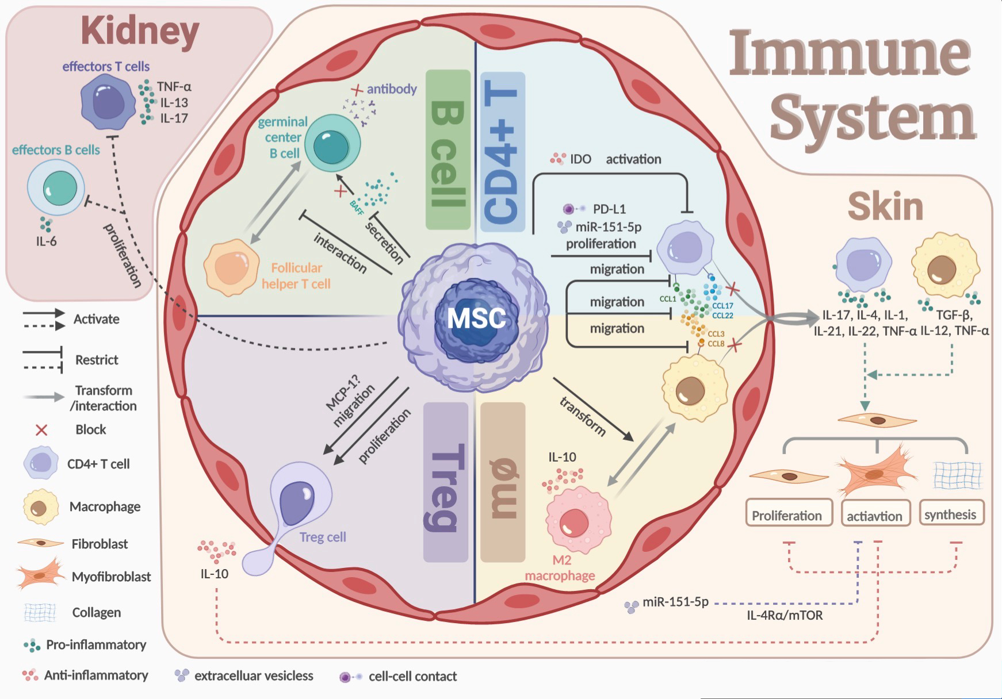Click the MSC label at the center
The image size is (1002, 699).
pyautogui.click(x=476, y=317)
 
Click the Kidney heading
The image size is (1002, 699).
pyautogui.click(x=140, y=32)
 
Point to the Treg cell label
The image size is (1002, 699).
pyautogui.click(x=322, y=537)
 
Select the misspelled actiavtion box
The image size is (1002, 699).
pyautogui.click(x=874, y=516)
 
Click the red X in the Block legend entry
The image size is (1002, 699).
pyautogui.click(x=41, y=429)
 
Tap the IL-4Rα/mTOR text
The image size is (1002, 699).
pyautogui.click(x=785, y=616)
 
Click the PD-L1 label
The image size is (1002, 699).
pyautogui.click(x=609, y=209)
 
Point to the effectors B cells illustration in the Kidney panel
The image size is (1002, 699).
pyautogui.click(x=56, y=189)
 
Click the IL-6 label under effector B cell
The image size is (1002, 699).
pyautogui.click(x=46, y=241)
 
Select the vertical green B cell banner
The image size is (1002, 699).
pyautogui.click(x=447, y=149)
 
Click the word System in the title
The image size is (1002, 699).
pyautogui.click(x=873, y=118)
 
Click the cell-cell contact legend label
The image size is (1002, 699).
pyautogui.click(x=412, y=677)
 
